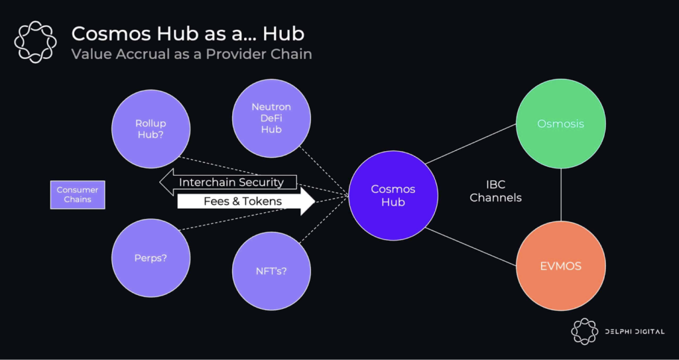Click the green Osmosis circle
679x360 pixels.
click(561, 124)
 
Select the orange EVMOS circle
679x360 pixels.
click(561, 266)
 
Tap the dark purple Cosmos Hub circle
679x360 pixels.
click(393, 196)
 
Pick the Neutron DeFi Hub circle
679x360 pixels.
click(271, 118)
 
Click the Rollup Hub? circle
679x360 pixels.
click(151, 129)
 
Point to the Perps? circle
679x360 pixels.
click(151, 258)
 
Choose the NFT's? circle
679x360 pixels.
click(271, 271)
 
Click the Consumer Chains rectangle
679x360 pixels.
click(78, 195)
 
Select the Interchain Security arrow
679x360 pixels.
click(228, 182)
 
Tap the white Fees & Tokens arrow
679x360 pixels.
click(246, 202)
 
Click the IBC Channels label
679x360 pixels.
click(495, 192)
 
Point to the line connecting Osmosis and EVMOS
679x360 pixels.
click(561, 195)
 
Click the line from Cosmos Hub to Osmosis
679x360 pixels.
click(471, 144)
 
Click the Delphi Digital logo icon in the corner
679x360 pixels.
click(584, 331)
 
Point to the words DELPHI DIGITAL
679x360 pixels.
click(635, 332)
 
